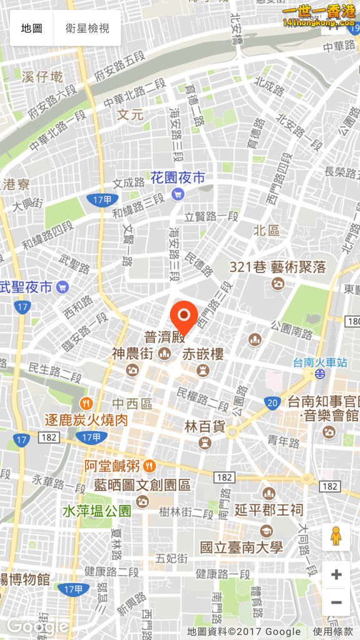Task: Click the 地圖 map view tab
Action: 31,28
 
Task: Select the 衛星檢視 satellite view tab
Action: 87,28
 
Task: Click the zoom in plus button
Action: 336,574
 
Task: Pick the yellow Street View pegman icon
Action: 336,536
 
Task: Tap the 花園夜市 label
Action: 177,178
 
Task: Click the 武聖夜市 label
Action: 26,287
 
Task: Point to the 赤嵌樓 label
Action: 203,354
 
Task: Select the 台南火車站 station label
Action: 320,362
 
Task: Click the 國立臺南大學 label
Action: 241,547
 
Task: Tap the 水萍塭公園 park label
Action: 97,511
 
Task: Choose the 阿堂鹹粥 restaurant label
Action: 112,466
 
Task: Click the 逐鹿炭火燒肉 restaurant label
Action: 86,419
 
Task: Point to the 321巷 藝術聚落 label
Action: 277,267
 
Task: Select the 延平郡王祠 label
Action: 269,510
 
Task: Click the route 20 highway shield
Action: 272,402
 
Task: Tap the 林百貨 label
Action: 204,427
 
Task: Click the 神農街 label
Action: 132,354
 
